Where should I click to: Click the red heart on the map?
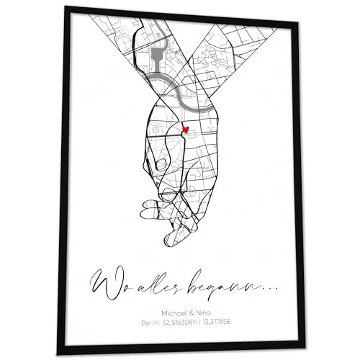pyautogui.click(x=186, y=130)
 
